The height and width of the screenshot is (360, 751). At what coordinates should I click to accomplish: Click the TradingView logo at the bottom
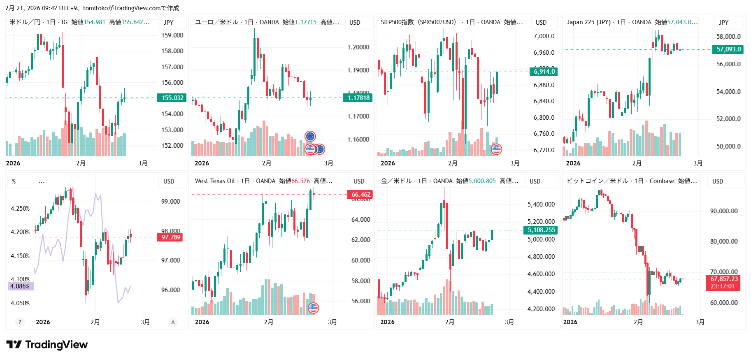(47, 344)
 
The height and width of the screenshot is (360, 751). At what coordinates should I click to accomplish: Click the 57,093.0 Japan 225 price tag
(728, 49)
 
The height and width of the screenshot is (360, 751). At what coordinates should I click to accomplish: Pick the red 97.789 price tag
(170, 237)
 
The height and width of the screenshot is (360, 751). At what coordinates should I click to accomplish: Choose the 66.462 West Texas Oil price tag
(360, 195)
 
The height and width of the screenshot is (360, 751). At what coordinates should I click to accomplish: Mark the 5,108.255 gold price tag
(541, 230)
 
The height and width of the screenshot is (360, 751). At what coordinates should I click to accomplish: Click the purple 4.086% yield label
(20, 286)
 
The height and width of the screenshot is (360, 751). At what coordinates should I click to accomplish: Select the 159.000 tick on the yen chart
(172, 35)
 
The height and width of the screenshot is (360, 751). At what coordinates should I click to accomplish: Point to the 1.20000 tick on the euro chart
(358, 47)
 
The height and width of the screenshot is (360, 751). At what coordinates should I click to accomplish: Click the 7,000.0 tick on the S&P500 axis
(544, 36)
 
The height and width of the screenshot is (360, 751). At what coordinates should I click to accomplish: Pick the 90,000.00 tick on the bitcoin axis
(723, 211)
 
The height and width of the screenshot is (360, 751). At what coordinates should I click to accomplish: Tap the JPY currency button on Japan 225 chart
(723, 23)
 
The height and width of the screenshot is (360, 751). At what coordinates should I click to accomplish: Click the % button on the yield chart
(14, 181)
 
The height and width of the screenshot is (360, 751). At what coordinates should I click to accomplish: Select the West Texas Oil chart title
(215, 181)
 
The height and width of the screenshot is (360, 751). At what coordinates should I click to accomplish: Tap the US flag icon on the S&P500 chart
(497, 149)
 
